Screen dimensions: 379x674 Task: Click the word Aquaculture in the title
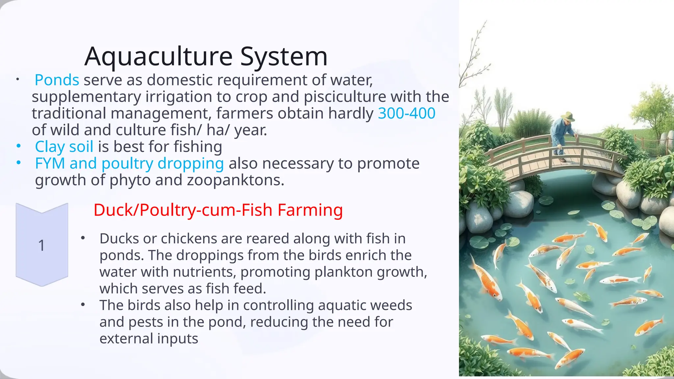(159, 57)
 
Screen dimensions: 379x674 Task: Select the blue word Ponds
(57, 80)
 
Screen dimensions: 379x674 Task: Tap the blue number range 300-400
(406, 114)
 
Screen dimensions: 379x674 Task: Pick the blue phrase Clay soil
(64, 147)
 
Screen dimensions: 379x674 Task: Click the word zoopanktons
(235, 180)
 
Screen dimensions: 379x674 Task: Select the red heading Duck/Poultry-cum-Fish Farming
(218, 210)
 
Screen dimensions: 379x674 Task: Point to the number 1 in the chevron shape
(41, 245)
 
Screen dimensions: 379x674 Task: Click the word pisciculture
(345, 97)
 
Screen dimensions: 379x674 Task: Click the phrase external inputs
(149, 339)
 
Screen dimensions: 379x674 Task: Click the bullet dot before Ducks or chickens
(83, 238)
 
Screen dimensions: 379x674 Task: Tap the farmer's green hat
(568, 116)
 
